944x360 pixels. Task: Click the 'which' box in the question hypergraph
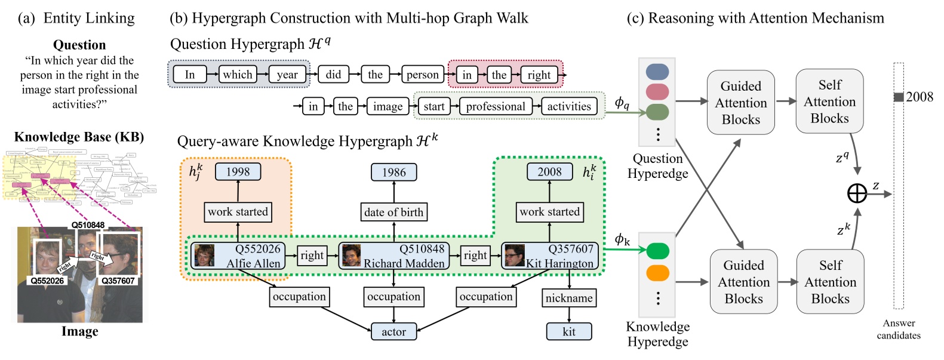[238, 75]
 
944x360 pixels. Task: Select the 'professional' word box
[496, 106]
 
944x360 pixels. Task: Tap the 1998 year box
[238, 172]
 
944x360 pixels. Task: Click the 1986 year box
[393, 173]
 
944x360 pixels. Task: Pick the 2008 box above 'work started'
[549, 172]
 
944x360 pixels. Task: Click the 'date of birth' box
[393, 212]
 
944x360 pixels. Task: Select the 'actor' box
[393, 331]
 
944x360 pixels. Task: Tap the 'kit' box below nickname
[569, 331]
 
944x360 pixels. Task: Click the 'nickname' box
[569, 298]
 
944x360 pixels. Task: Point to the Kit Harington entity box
[549, 256]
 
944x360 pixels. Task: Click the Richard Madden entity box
[393, 256]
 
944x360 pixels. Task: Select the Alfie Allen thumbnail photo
[204, 256]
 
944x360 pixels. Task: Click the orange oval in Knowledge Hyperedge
[657, 273]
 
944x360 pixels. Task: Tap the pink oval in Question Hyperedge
[657, 92]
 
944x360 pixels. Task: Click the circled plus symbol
[857, 193]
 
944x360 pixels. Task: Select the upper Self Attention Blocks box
[829, 101]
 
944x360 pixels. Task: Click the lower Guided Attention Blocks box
[743, 282]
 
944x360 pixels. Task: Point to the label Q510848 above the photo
[88, 225]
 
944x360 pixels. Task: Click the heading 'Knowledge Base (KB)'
[79, 137]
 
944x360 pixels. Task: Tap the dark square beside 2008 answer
[898, 97]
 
